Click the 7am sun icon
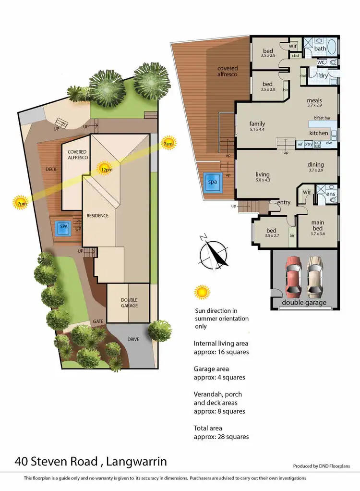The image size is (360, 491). click(168, 143)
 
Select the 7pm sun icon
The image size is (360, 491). click(20, 202)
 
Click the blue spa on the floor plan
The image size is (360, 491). click(212, 183)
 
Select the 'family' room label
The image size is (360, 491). click(257, 124)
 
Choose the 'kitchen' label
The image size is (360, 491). click(318, 133)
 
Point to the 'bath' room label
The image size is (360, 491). click(320, 49)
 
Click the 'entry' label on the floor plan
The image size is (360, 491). click(283, 203)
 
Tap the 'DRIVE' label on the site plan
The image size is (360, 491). click(133, 339)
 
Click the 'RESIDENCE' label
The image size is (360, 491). click(97, 216)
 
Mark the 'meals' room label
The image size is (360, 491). click(314, 101)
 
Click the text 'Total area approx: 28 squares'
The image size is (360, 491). click(221, 432)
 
